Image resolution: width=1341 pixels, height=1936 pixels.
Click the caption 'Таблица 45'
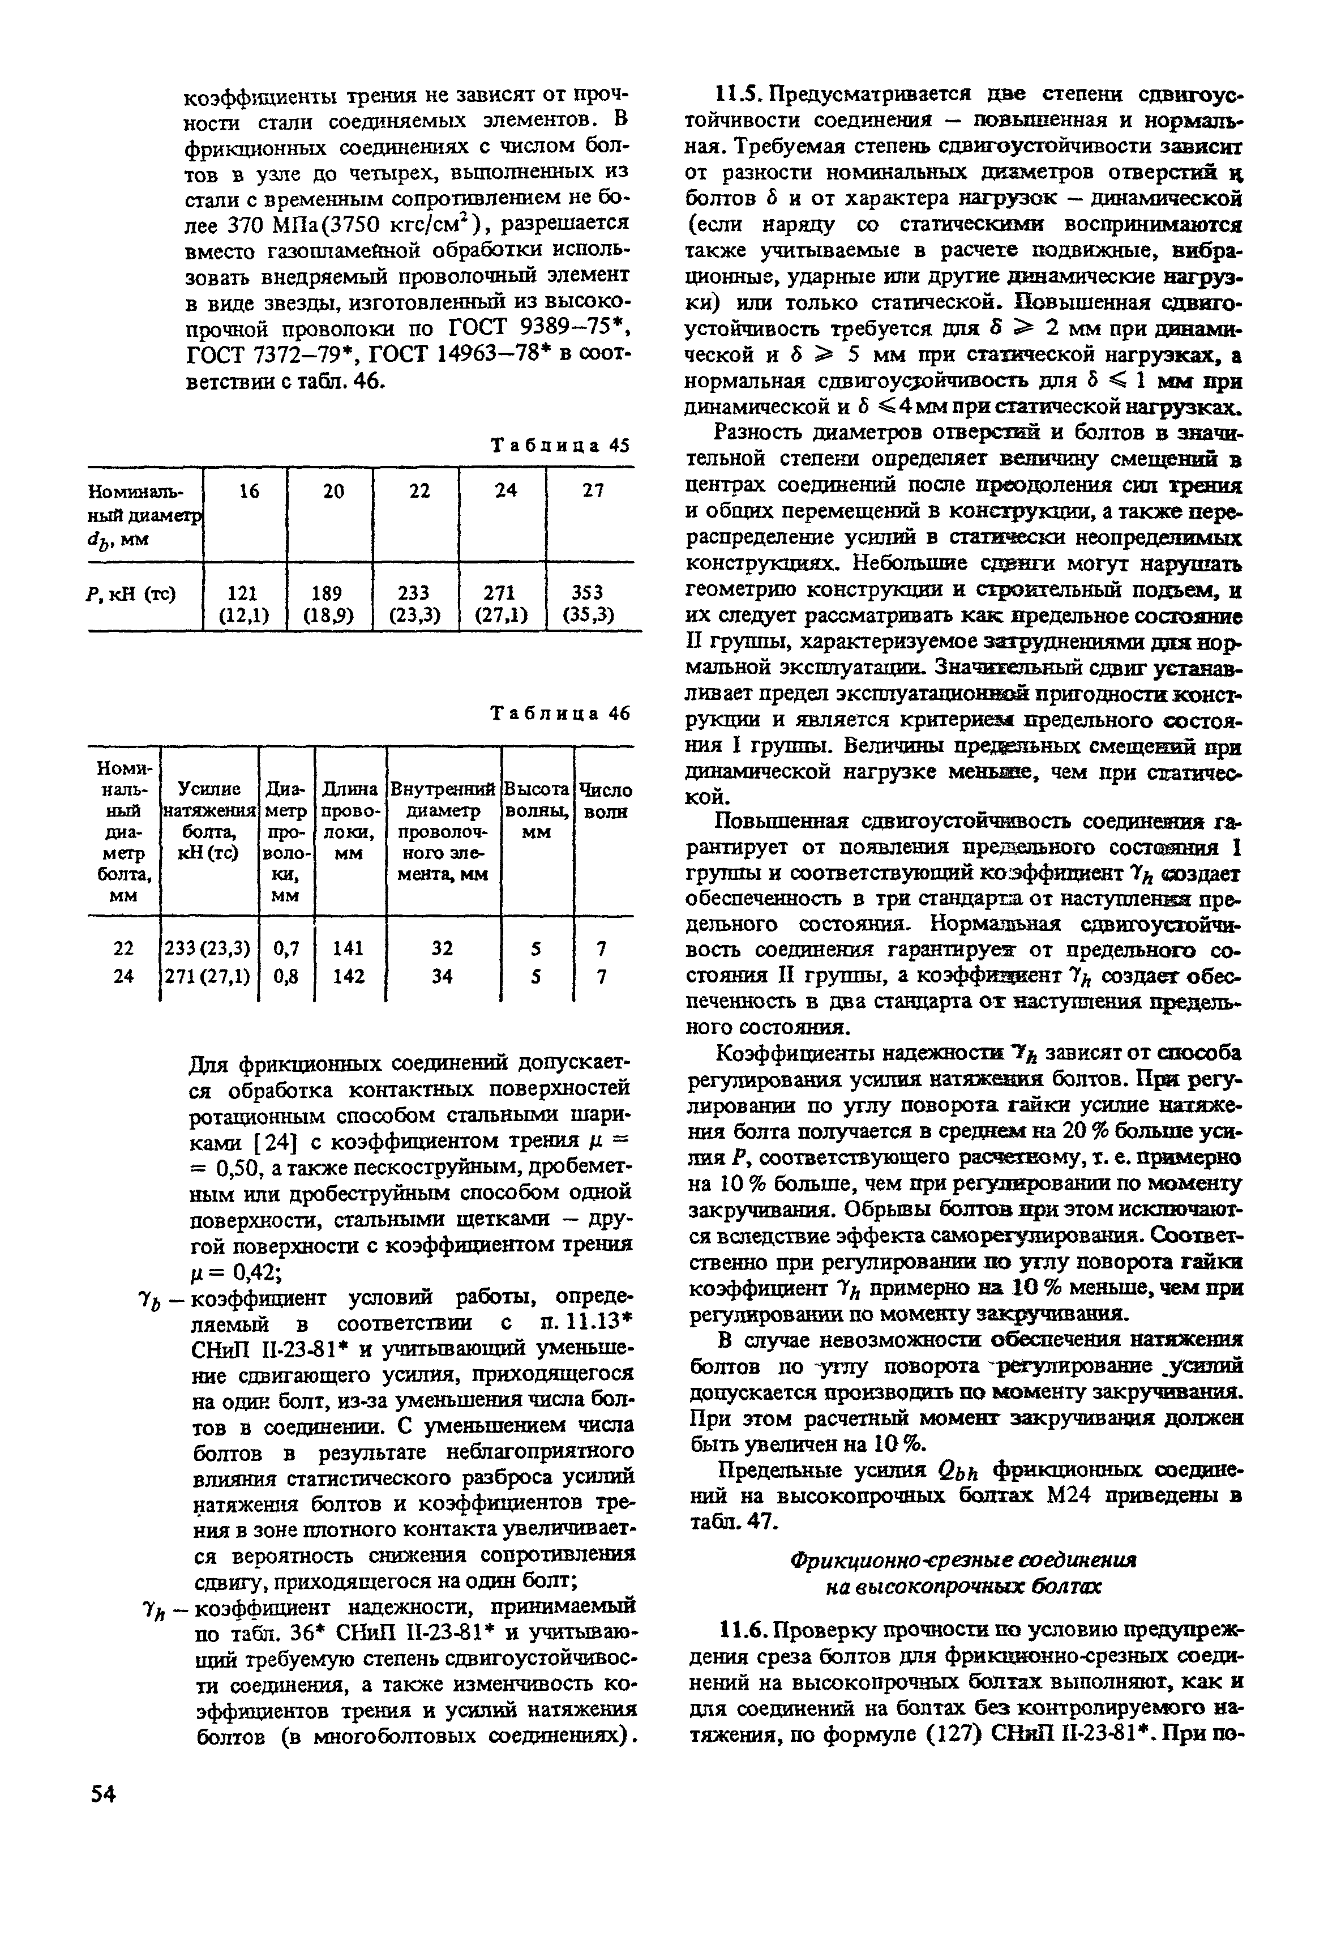(560, 445)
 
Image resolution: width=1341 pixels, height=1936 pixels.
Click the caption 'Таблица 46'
(560, 713)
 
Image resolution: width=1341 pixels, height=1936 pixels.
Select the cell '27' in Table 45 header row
(593, 491)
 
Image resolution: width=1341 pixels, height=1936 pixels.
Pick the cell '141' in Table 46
(348, 948)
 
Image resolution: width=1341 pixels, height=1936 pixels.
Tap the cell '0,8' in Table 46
(286, 976)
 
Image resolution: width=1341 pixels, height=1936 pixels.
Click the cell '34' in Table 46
(442, 976)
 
